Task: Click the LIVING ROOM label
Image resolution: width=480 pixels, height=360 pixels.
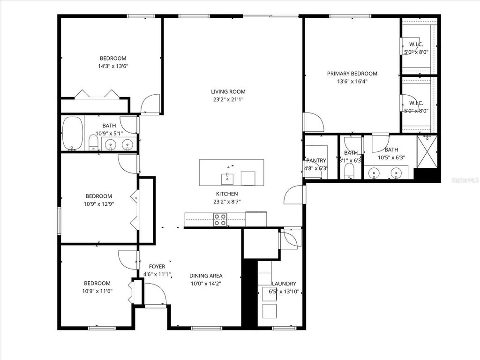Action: (228, 92)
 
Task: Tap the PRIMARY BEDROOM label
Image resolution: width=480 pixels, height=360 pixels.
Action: (352, 74)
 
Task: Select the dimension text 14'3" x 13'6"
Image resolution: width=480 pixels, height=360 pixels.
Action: (113, 67)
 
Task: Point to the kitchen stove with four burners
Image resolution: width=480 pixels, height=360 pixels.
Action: (220, 219)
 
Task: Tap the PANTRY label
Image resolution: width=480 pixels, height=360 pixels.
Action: (316, 161)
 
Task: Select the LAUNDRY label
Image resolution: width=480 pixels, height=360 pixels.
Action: (284, 284)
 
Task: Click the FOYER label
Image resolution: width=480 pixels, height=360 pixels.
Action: (157, 266)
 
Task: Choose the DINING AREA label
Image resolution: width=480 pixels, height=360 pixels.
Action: (206, 276)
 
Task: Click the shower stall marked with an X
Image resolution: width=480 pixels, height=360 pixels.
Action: (427, 152)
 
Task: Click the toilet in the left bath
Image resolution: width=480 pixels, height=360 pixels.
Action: (93, 142)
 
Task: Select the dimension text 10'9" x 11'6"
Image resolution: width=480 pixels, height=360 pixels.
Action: (97, 291)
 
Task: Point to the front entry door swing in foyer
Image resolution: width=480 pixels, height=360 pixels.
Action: (155, 294)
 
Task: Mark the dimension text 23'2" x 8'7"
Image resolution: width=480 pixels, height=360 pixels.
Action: (227, 202)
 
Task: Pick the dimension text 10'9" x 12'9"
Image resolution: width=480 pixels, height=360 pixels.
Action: (98, 204)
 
